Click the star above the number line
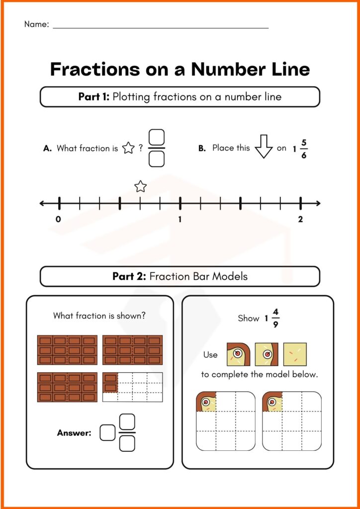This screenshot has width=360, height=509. pos(141,187)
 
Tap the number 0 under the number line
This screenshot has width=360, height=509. pos(59,219)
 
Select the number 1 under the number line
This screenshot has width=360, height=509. pos(180,219)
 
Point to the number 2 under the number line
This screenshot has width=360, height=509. pos(300,219)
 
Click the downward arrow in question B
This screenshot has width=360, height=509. pos(264,148)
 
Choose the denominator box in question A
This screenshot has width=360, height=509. pos(157,159)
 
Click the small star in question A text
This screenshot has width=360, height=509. pos(128,148)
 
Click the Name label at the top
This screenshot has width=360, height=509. pos(36,24)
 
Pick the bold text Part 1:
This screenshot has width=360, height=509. pos(94,96)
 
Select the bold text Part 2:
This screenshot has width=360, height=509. pos(129,276)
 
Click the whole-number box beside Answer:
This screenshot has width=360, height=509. pos(107,433)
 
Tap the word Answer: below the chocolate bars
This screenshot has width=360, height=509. pos(74,433)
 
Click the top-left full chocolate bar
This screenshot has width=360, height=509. pos(67,350)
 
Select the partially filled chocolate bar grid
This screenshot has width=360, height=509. pos(132,387)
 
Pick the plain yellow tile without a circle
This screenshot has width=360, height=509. pos(295,354)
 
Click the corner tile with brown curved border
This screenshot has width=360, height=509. pos(238,354)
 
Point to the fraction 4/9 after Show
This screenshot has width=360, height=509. pos(276,318)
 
